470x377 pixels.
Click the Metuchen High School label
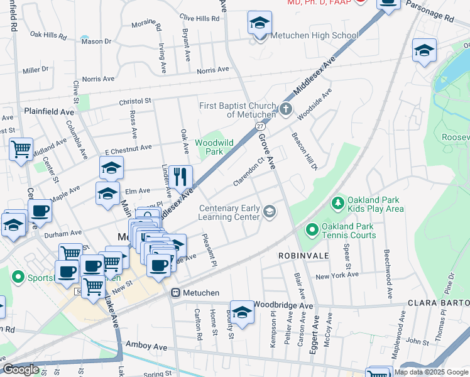coord(314,35)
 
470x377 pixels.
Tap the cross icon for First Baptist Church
coord(286,109)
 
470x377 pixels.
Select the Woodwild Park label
coord(214,147)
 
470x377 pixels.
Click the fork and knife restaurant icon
coord(181,177)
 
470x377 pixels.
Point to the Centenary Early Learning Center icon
coord(270,211)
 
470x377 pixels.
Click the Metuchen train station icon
coord(177,293)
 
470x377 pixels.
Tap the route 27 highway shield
coord(260,126)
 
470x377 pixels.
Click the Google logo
coord(21,369)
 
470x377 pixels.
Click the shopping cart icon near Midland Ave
coord(21,150)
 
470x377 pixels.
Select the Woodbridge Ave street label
coord(283,305)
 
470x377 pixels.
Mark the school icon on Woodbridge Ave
coord(242,311)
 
